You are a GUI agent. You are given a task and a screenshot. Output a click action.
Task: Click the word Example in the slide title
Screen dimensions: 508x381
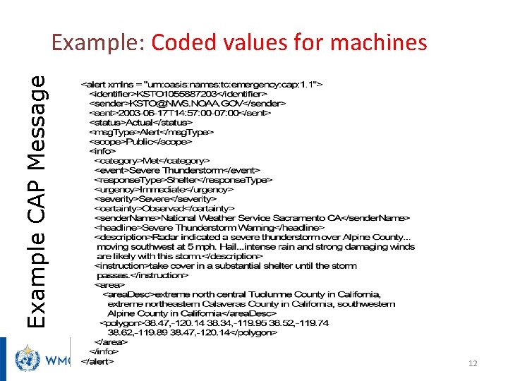97,43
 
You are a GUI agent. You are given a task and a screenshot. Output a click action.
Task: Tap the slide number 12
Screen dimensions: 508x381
473,363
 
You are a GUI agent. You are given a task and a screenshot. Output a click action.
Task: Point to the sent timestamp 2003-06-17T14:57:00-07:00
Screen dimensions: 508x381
179,113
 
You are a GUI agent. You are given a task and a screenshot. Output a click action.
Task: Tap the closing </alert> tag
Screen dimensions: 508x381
97,361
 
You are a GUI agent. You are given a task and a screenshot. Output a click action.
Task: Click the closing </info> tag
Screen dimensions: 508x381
103,351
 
